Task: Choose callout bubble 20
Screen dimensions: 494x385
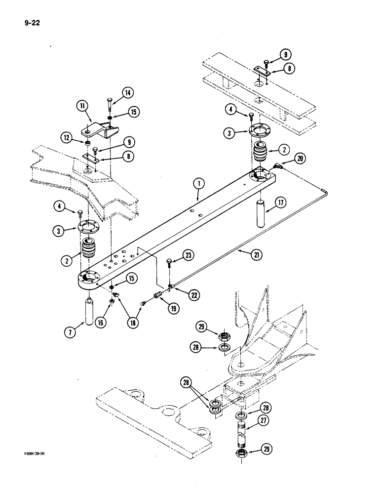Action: [300, 159]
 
